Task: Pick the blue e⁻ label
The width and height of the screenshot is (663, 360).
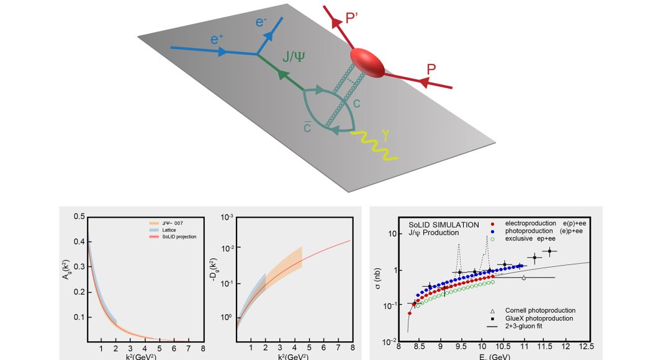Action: coord(264,22)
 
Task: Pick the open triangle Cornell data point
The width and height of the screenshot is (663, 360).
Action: coord(523,277)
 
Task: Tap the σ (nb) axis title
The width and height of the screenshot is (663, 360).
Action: coord(385,279)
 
